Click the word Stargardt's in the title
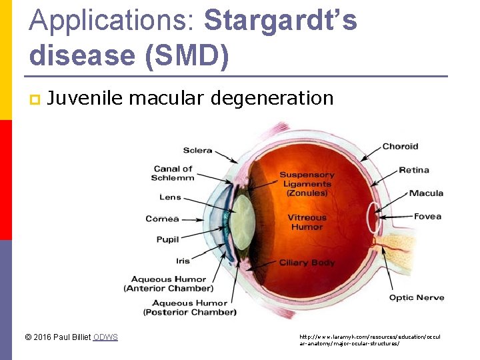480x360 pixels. [281, 21]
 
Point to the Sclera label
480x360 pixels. [197, 150]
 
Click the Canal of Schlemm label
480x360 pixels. [173, 173]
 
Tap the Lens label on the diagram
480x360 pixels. [170, 197]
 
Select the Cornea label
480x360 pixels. [162, 219]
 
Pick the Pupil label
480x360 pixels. [167, 239]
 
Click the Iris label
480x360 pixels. [183, 261]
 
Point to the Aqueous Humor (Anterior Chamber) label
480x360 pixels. [168, 284]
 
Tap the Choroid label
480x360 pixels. [400, 146]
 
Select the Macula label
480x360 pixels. [426, 193]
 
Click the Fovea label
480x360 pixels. [427, 217]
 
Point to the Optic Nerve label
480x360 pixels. [417, 297]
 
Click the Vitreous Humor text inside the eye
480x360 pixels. [307, 222]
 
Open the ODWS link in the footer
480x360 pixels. [105, 337]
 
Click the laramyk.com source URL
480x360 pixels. [369, 340]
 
